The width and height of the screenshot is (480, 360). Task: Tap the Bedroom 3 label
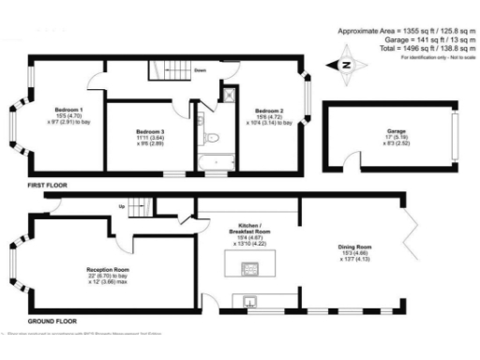pos(150,131)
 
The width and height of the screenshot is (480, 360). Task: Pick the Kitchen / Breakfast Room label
pos(250,230)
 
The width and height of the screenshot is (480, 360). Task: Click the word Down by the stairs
pos(201,69)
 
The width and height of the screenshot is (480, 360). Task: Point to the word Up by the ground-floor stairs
pos(121,205)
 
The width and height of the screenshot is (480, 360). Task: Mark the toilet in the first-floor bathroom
pos(211,140)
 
